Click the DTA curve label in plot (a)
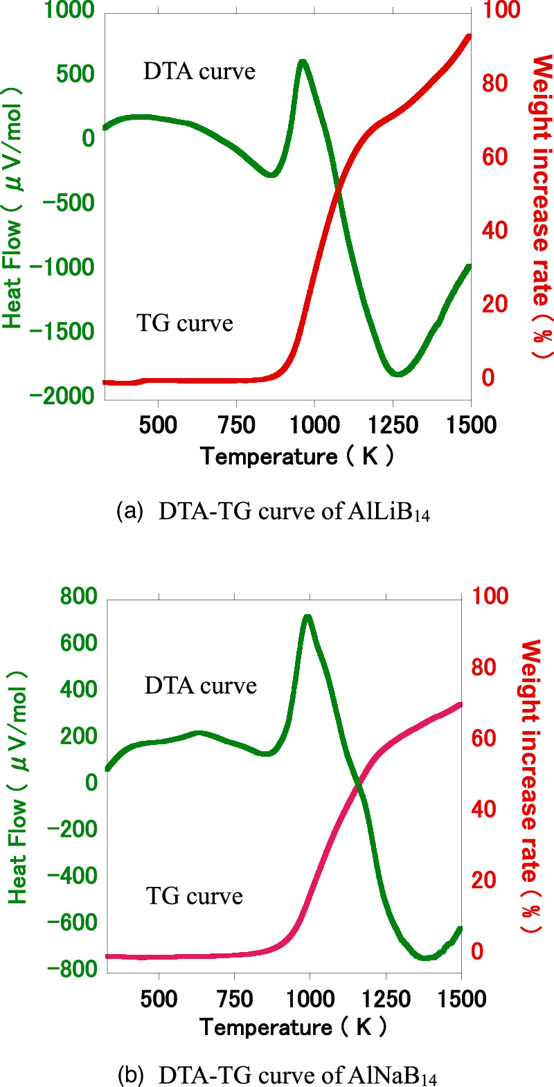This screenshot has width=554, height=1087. [199, 71]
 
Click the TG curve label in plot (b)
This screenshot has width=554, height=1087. [194, 896]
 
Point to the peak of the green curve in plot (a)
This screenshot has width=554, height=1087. [302, 62]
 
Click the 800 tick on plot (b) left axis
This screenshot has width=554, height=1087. [78, 597]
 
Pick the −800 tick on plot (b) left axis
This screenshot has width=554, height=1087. [71, 969]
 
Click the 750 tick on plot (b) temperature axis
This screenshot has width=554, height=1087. [234, 998]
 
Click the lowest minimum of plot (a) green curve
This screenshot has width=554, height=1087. [396, 373]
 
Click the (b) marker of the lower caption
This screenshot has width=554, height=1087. [130, 1075]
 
